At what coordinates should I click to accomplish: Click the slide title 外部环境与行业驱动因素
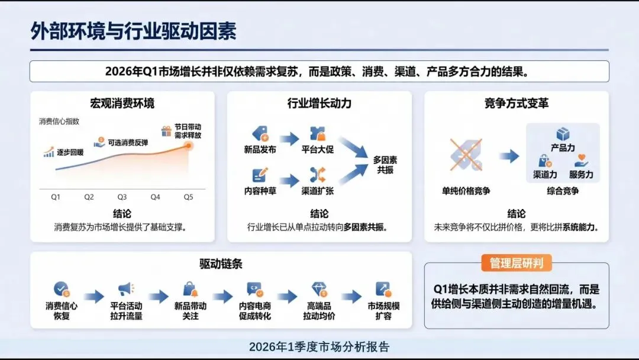coord(134,31)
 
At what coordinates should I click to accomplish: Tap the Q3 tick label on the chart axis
coord(122,197)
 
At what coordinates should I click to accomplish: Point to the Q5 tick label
coord(188,197)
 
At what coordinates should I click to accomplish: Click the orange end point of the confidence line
coord(189,144)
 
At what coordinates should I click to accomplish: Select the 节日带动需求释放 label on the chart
coord(188,131)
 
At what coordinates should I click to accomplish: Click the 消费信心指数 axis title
coord(59,121)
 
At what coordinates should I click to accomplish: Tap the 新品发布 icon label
coord(260,149)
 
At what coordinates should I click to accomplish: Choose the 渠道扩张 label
coord(318,191)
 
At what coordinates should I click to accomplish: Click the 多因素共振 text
coord(385,165)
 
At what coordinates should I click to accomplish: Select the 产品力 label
coord(563,147)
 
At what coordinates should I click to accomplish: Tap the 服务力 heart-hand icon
coord(581,161)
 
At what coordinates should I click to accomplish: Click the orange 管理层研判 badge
coord(517,263)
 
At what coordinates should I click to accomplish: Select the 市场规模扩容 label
coord(383,311)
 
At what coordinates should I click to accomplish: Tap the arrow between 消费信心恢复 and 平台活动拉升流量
coord(94,297)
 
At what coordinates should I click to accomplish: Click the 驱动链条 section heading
coord(221,263)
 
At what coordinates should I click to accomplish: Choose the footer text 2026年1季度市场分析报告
coord(319,347)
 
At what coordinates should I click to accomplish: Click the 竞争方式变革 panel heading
coord(516,103)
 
